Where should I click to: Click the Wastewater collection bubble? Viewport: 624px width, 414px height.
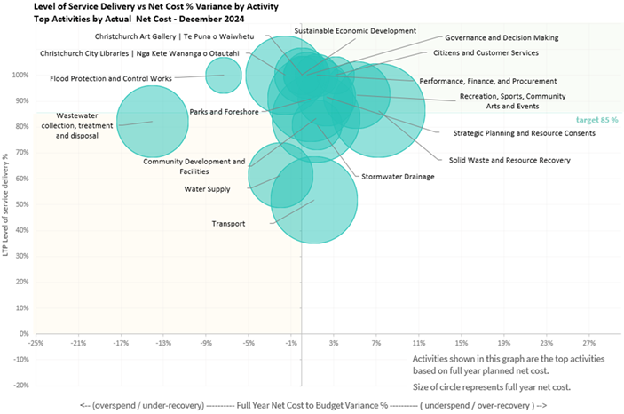pyautogui.click(x=153, y=121)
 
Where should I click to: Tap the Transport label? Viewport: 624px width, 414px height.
pyautogui.click(x=228, y=224)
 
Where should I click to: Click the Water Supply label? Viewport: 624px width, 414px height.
pyautogui.click(x=207, y=189)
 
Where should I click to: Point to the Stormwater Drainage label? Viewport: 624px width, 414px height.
pyautogui.click(x=398, y=177)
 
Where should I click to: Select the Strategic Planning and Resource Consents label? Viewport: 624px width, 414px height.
pyautogui.click(x=524, y=133)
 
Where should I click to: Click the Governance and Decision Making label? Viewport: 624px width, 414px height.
pyautogui.click(x=502, y=38)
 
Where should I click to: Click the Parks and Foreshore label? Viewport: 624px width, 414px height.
pyautogui.click(x=224, y=112)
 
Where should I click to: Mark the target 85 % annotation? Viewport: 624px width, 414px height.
pyautogui.click(x=596, y=119)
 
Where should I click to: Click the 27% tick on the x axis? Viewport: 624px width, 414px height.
pyautogui.click(x=588, y=342)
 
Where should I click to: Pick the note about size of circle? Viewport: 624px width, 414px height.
pyautogui.click(x=491, y=386)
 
